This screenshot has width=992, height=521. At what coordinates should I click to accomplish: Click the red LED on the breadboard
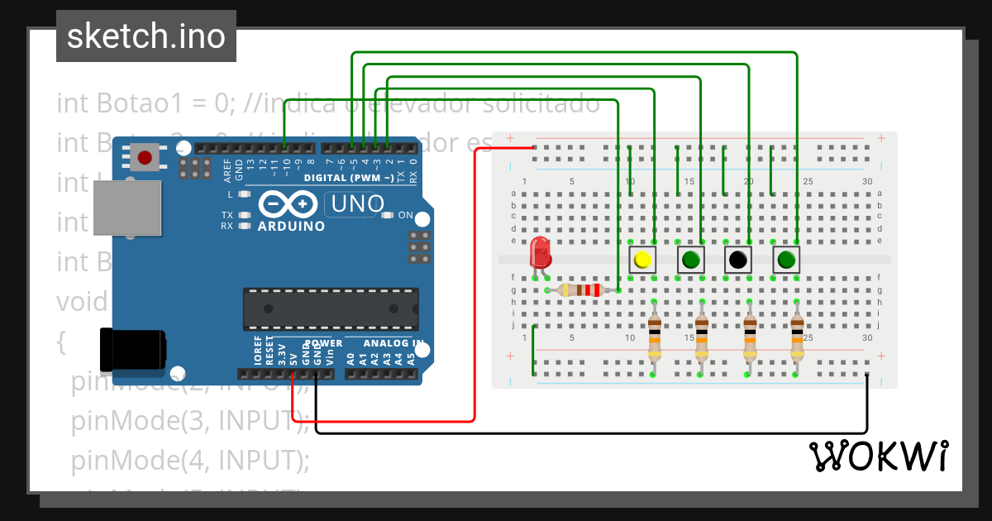coord(541,253)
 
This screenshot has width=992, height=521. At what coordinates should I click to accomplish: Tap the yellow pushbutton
coord(642,260)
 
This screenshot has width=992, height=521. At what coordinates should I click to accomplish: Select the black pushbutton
coord(737,260)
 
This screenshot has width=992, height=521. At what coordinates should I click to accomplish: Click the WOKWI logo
coord(879,456)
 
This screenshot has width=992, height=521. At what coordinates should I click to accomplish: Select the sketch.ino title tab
coord(145,36)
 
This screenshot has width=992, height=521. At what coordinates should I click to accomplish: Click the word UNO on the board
coord(357,203)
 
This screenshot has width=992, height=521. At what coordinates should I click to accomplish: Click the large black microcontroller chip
coord(330,308)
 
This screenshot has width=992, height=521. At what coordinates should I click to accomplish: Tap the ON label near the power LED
coord(406,215)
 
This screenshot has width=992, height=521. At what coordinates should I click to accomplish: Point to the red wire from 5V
coord(474,331)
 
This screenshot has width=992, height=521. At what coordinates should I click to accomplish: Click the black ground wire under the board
coord(579,433)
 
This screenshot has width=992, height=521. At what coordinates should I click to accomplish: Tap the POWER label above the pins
coord(323,343)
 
